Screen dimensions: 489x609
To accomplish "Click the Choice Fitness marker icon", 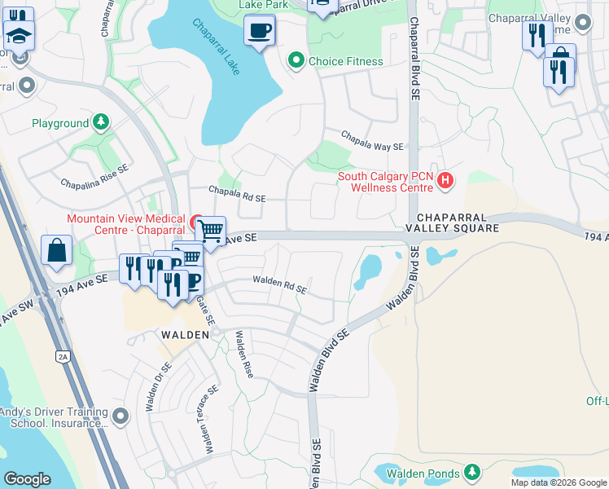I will [295, 61].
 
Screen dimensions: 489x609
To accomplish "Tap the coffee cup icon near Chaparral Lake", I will [260, 31].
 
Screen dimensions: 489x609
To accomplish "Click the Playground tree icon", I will [100, 123].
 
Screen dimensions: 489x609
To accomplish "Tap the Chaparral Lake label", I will [217, 47].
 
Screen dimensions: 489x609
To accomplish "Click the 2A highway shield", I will [63, 356].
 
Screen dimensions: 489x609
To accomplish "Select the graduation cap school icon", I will [18, 35].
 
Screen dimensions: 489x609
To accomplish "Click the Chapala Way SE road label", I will [372, 140].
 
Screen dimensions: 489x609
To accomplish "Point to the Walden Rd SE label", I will [279, 284].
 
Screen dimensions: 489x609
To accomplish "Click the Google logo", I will [28, 478].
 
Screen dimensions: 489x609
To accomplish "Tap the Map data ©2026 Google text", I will [559, 482].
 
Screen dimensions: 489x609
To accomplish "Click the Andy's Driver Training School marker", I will [121, 417].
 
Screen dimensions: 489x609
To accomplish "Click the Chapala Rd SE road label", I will [237, 194].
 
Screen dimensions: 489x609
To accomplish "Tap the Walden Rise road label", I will [244, 354].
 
